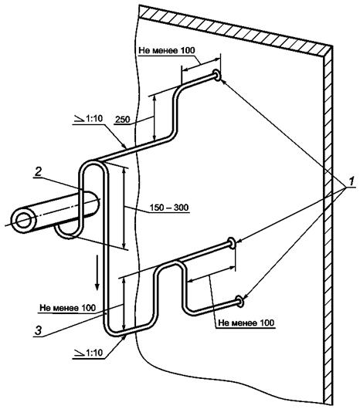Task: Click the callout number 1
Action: tap(352, 181)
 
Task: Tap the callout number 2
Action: tap(39, 172)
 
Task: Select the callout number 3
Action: tap(39, 331)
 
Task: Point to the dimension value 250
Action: tap(122, 119)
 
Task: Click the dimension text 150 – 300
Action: tap(169, 208)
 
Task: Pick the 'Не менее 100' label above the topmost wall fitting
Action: tap(167, 50)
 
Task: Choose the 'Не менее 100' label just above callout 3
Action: tap(68, 308)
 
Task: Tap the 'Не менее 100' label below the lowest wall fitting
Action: tap(246, 323)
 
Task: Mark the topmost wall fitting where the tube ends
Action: tap(216, 75)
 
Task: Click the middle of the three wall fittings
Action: tap(231, 243)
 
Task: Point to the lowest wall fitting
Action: tap(239, 301)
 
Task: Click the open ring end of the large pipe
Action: tap(24, 221)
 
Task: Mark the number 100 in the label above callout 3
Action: tap(88, 308)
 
